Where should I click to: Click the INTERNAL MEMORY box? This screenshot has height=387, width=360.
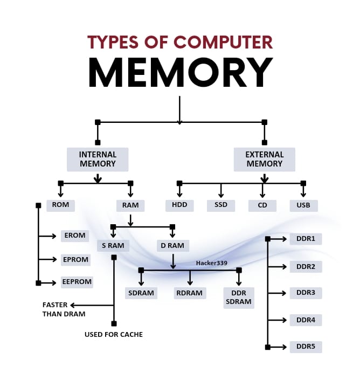(x=98, y=159)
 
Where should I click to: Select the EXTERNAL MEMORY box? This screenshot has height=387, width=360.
(x=264, y=159)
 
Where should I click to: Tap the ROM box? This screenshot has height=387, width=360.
(x=60, y=205)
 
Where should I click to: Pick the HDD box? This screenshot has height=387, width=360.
(x=179, y=205)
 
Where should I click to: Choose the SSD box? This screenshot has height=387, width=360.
(x=221, y=205)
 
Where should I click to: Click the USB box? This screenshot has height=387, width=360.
(x=303, y=205)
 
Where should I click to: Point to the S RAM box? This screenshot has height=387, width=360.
(x=113, y=246)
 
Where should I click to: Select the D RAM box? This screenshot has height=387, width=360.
(x=172, y=246)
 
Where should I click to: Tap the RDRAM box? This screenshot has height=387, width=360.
(x=190, y=293)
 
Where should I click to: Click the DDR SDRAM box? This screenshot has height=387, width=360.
(x=239, y=298)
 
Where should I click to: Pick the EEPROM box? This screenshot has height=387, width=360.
(x=77, y=282)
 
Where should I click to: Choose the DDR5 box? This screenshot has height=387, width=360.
(x=306, y=347)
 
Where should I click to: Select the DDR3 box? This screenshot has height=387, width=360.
(x=306, y=293)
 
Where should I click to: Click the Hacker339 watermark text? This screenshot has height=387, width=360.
(x=211, y=263)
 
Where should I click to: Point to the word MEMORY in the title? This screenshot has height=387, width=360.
(x=181, y=72)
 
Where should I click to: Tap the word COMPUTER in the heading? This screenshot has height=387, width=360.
(x=223, y=42)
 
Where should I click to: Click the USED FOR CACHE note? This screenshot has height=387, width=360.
(x=114, y=334)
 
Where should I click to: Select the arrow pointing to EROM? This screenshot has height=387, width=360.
(x=47, y=236)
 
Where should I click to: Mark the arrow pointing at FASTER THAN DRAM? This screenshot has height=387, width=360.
(x=92, y=305)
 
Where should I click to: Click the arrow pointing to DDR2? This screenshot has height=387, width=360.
(x=277, y=267)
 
